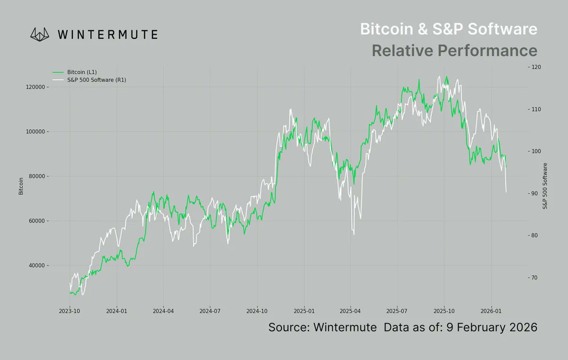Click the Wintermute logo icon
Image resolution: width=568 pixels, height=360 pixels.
tap(40, 34)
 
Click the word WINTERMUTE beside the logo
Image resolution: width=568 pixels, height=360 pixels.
tap(107, 34)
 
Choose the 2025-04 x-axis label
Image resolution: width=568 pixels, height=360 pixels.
tap(351, 311)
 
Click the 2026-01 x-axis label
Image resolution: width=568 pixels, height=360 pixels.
tap(491, 311)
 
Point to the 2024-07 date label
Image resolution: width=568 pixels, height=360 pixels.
tap(210, 311)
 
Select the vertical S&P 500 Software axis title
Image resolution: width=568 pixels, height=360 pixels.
tap(545, 186)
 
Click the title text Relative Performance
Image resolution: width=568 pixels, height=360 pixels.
tap(454, 50)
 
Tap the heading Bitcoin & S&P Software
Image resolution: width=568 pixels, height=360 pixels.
tap(449, 29)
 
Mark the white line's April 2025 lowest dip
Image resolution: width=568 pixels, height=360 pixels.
tap(354, 234)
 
